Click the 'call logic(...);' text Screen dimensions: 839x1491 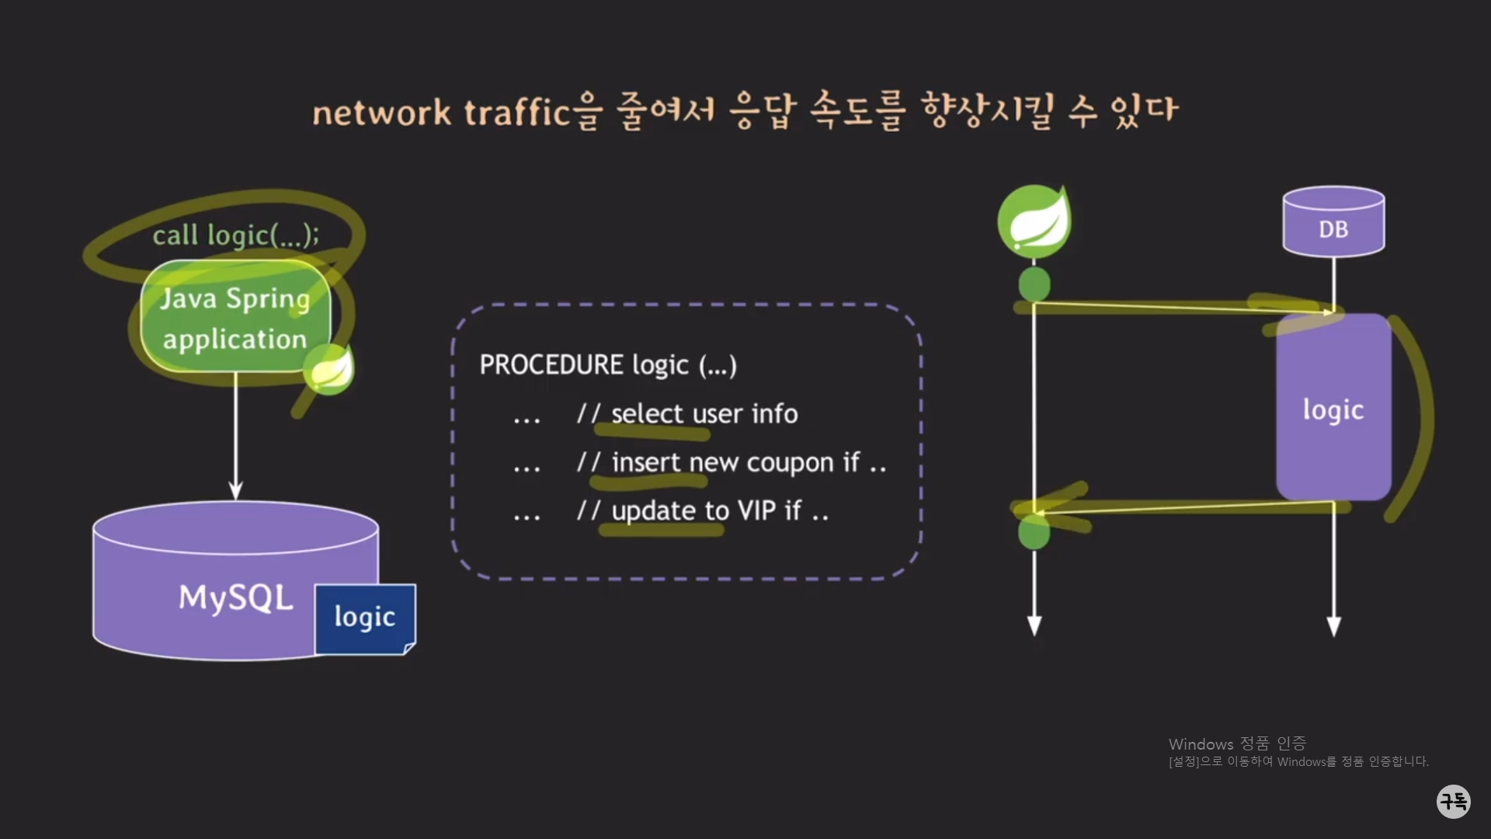click(x=235, y=235)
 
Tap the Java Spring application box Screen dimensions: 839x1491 click(x=235, y=318)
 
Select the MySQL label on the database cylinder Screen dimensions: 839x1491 click(x=236, y=597)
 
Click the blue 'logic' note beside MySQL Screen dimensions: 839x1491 click(x=365, y=618)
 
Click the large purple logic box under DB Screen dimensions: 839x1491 click(x=1333, y=409)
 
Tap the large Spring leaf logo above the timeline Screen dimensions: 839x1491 click(x=1034, y=222)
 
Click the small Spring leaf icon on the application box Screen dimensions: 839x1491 click(x=329, y=369)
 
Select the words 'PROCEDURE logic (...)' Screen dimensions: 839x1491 click(x=608, y=365)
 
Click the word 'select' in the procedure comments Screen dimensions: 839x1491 click(x=647, y=414)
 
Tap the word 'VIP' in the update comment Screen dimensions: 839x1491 click(x=757, y=511)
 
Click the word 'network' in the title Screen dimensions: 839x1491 click(x=381, y=113)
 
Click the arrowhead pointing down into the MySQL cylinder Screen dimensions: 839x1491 click(x=236, y=491)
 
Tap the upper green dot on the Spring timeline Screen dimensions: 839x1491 click(x=1034, y=284)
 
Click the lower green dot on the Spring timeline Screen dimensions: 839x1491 click(x=1034, y=533)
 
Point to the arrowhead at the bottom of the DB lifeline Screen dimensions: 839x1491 click(x=1333, y=626)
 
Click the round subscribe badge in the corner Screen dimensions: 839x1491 click(x=1453, y=801)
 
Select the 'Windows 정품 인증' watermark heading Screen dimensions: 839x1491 click(x=1237, y=743)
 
